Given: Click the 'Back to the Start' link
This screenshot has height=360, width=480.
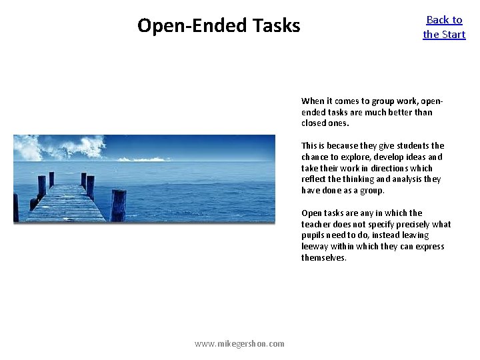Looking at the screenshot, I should point(444,27).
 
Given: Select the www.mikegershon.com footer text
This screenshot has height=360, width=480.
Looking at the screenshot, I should point(239,343).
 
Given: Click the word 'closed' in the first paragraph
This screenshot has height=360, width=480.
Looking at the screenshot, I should point(314,123).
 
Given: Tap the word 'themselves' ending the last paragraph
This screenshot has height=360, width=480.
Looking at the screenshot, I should point(323,258).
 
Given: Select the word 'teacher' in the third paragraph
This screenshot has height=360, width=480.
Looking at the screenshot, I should point(317,225).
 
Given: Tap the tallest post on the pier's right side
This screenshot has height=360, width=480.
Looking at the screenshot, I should point(119,205).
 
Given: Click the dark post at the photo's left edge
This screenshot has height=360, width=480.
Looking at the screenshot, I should point(15,207).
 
